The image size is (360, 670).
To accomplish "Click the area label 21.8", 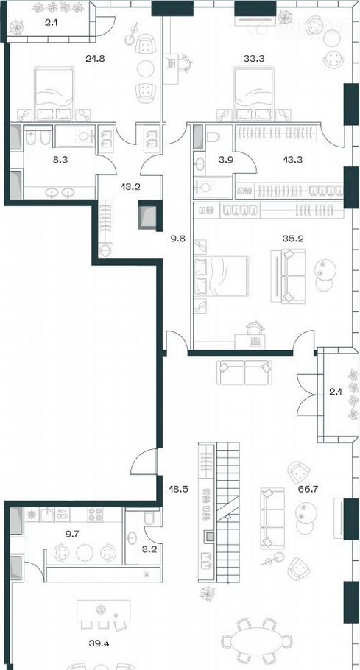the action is tap(95, 59).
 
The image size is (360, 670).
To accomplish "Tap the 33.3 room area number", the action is tap(254, 59).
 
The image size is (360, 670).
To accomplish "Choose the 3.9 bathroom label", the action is tap(220, 161).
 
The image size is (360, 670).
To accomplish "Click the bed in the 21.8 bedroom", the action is tap(54, 93).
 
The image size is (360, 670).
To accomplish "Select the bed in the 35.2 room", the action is tap(222, 276).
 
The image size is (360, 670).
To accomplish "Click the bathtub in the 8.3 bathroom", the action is tap(76, 136).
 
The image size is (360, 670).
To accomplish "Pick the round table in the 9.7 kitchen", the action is tap(85, 552).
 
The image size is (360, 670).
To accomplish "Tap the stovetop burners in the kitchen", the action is tap(95, 515).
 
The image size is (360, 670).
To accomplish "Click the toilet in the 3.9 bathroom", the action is tap(213, 137).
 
